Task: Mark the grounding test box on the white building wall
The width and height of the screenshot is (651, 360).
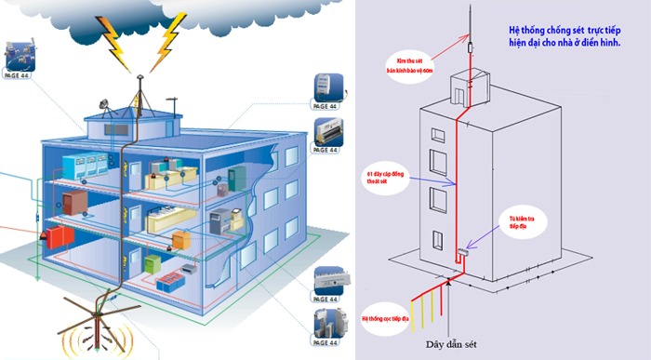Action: point(462,252)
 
